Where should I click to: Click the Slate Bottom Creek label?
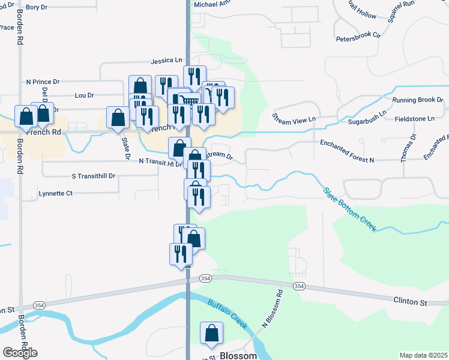click(x=350, y=209)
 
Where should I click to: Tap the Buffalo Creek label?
click(x=228, y=313)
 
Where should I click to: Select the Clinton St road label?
click(x=410, y=301)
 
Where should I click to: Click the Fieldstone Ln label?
click(x=415, y=119)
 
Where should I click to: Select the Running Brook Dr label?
click(x=417, y=100)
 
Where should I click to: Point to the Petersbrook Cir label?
click(x=358, y=35)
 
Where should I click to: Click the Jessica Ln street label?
click(x=166, y=61)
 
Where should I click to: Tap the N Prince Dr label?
click(x=43, y=81)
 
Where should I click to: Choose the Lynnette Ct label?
click(x=55, y=193)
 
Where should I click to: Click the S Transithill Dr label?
click(x=93, y=176)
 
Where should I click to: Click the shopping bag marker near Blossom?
click(x=212, y=333)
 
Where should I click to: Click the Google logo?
click(x=20, y=353)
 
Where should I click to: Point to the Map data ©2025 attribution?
click(x=423, y=355)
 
